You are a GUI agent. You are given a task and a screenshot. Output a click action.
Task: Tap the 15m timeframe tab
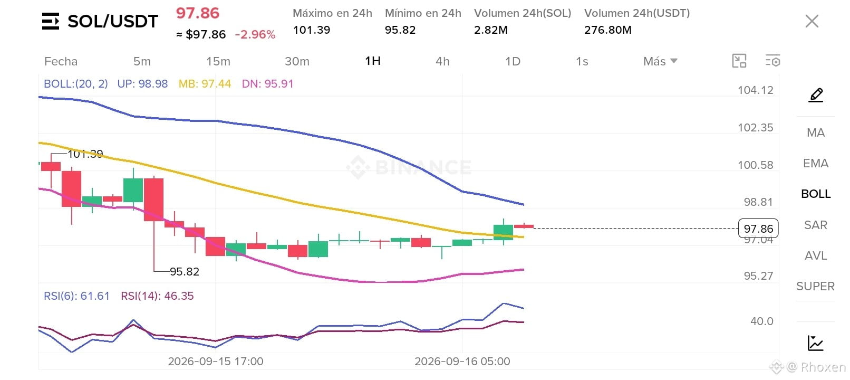point(218,62)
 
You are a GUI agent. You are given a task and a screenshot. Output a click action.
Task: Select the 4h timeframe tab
point(442,62)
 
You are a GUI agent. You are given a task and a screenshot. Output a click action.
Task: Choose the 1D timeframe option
point(513,62)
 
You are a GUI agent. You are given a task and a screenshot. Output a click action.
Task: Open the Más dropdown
point(660,61)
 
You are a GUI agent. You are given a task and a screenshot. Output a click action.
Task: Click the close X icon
point(812,21)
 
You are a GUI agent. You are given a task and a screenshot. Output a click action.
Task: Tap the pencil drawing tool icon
point(816,95)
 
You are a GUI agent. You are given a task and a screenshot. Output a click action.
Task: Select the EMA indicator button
point(816,164)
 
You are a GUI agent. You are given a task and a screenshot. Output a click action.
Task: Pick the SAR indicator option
point(816,225)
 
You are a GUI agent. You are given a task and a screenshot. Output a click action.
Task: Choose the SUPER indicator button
point(816,286)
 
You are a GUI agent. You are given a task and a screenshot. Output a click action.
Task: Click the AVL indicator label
point(816,256)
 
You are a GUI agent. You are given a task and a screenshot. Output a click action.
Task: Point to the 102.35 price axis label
point(755,128)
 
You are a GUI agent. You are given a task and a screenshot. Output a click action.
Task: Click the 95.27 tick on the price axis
point(758,276)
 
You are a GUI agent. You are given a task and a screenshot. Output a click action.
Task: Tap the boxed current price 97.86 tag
point(758,229)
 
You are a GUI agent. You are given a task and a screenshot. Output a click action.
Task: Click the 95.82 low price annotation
point(185,272)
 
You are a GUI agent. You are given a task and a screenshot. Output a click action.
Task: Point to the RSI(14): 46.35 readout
point(157,296)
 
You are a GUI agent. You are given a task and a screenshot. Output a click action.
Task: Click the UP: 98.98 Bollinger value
point(142,84)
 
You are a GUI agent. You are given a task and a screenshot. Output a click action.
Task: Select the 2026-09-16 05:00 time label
point(462,362)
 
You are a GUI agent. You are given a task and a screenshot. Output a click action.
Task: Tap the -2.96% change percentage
point(255,35)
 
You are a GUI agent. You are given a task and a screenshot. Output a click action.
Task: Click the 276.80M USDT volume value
point(608,30)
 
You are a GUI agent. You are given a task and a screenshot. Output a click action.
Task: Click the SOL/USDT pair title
point(113,21)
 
